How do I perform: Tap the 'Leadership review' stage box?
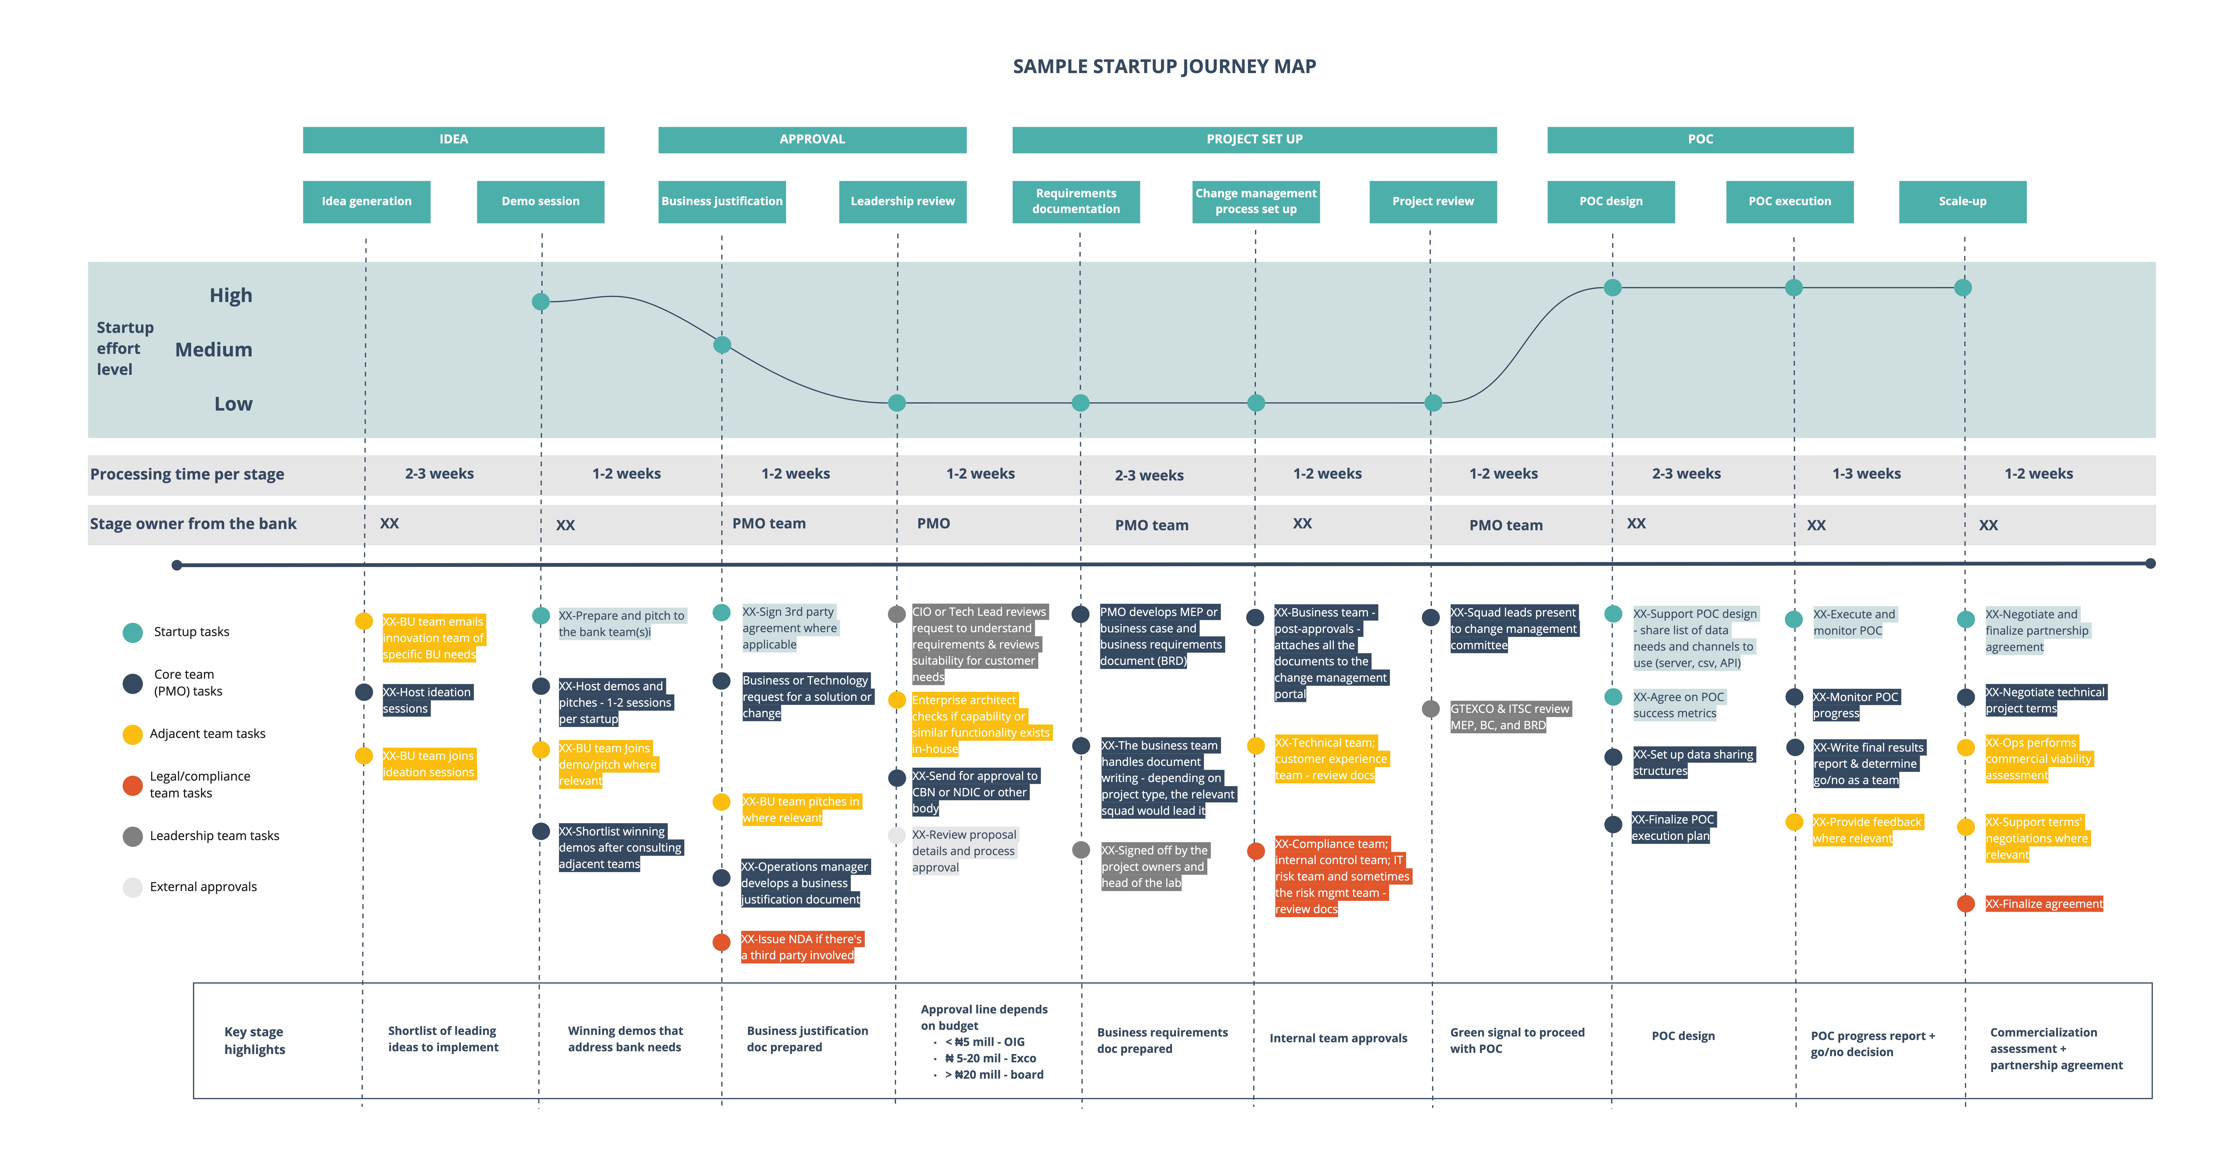(902, 202)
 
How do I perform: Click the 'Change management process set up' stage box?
(1256, 202)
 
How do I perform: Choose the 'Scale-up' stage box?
(1962, 202)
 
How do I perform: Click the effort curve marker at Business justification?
(722, 345)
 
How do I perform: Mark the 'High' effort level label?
(231, 296)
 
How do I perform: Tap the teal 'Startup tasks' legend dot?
(133, 633)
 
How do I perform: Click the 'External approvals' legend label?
(203, 887)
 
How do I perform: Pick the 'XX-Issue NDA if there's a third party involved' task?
(802, 947)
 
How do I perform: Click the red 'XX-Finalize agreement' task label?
(2044, 904)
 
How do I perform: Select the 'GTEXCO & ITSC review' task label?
(1510, 717)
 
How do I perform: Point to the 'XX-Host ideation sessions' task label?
(427, 701)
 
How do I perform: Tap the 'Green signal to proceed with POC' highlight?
(1517, 1040)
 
